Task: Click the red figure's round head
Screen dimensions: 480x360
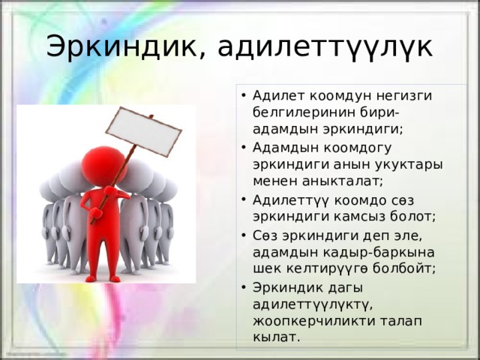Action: (x=103, y=166)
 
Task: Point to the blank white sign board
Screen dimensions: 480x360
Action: (x=143, y=131)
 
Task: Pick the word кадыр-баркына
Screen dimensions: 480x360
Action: (x=359, y=253)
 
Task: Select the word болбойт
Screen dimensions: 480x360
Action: (x=404, y=268)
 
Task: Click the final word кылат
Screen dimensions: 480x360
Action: (x=276, y=337)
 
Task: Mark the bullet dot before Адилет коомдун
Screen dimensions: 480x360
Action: (x=244, y=95)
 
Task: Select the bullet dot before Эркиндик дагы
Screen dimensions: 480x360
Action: (x=244, y=287)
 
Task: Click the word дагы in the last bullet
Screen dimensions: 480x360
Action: (x=345, y=288)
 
